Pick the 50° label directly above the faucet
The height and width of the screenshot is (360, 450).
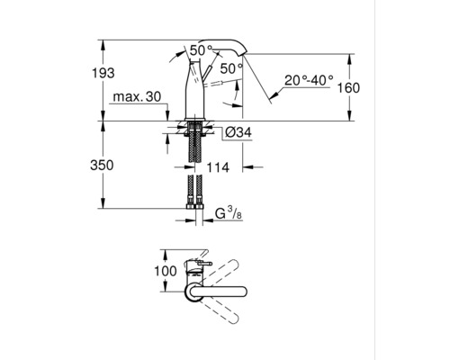coord(201,49)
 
